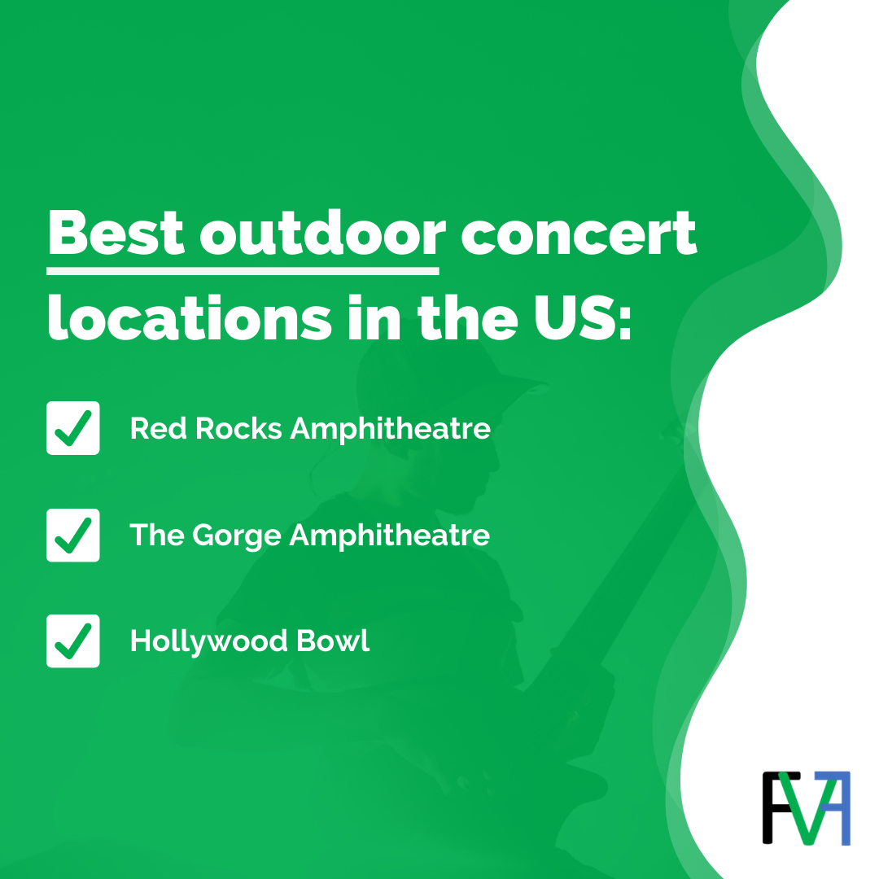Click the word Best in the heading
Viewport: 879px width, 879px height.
[116, 233]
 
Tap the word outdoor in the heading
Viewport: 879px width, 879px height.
[322, 233]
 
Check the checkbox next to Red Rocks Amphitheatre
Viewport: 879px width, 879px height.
[73, 428]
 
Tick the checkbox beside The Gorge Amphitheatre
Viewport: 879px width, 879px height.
[73, 535]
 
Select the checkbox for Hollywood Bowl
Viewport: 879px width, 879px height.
[73, 641]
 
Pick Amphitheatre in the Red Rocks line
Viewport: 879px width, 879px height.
[390, 428]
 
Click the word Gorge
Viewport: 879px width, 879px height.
[238, 536]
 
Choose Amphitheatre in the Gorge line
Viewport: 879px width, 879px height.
[390, 535]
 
